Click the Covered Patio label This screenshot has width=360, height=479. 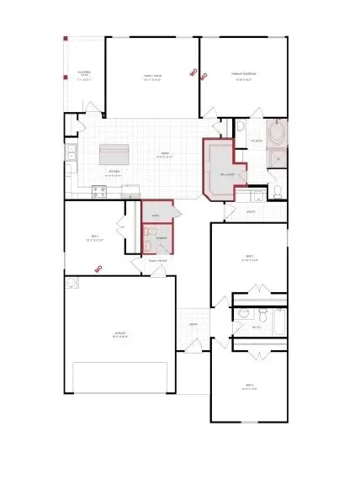[84, 74]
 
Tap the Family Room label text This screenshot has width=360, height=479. [152, 76]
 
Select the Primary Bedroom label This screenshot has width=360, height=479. [245, 75]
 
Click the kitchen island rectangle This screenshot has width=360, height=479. [117, 155]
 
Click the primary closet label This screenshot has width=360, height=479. [227, 173]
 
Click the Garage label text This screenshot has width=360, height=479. [121, 334]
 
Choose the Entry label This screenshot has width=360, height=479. [193, 324]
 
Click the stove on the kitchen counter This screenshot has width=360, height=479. [98, 190]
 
